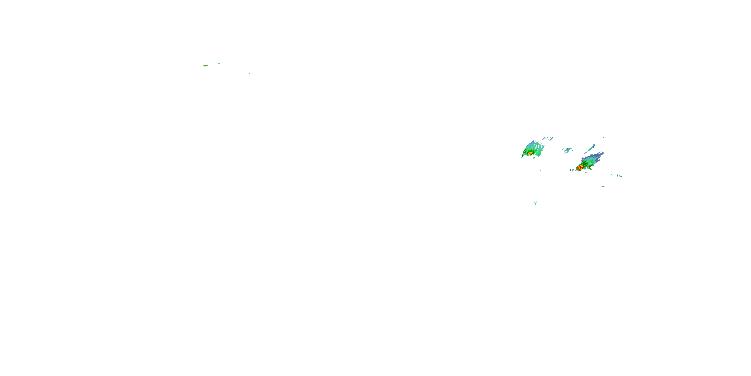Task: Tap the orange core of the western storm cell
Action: click(x=530, y=153)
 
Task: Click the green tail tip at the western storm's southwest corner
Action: click(x=522, y=157)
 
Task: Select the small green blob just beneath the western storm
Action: click(x=534, y=158)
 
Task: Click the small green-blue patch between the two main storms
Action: click(x=567, y=150)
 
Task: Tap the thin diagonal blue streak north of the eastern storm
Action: click(x=592, y=148)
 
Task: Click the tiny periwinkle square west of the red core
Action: click(x=571, y=170)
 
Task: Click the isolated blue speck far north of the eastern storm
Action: click(x=604, y=137)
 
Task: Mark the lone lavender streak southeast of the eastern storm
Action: click(x=603, y=186)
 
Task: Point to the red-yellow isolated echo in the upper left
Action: click(x=205, y=65)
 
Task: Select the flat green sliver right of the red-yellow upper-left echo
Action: click(x=219, y=64)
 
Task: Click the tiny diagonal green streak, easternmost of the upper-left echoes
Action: click(x=250, y=73)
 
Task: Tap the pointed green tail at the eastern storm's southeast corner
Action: click(x=590, y=168)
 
